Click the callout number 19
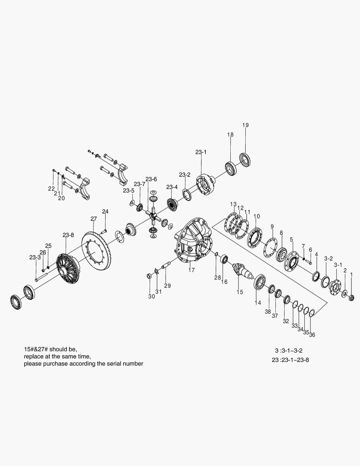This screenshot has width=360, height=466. click(x=245, y=125)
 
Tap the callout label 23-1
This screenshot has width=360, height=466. click(x=201, y=152)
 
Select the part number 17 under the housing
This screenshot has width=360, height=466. click(x=191, y=270)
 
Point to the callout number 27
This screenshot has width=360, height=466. click(x=94, y=219)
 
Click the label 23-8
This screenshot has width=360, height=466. click(x=68, y=235)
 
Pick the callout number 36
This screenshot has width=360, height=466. click(x=312, y=334)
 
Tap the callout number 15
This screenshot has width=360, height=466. click(x=240, y=292)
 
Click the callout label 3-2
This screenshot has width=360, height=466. click(x=328, y=258)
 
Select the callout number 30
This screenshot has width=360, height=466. click(x=151, y=296)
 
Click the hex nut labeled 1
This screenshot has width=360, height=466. click(x=351, y=297)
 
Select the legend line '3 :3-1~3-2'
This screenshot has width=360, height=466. click(x=291, y=350)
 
